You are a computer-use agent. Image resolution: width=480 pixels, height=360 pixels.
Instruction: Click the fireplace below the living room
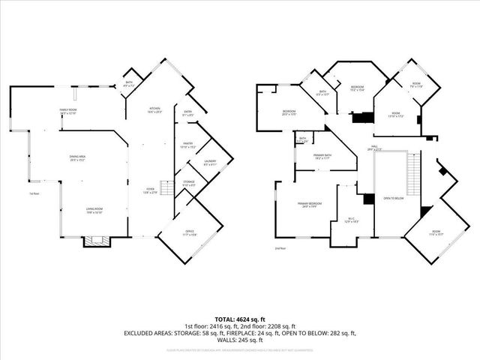coord(96,241)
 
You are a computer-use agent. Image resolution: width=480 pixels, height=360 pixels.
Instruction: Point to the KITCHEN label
coord(154,109)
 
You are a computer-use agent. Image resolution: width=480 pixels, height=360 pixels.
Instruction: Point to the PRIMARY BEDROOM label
coord(304,205)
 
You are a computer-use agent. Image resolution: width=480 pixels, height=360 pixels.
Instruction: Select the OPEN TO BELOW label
coord(394,198)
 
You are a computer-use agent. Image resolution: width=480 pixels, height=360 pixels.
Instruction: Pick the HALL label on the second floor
coord(375,147)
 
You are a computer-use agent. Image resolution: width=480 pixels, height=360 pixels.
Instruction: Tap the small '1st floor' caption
coord(34,194)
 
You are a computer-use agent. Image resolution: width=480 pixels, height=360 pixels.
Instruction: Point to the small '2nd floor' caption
coord(280,248)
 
